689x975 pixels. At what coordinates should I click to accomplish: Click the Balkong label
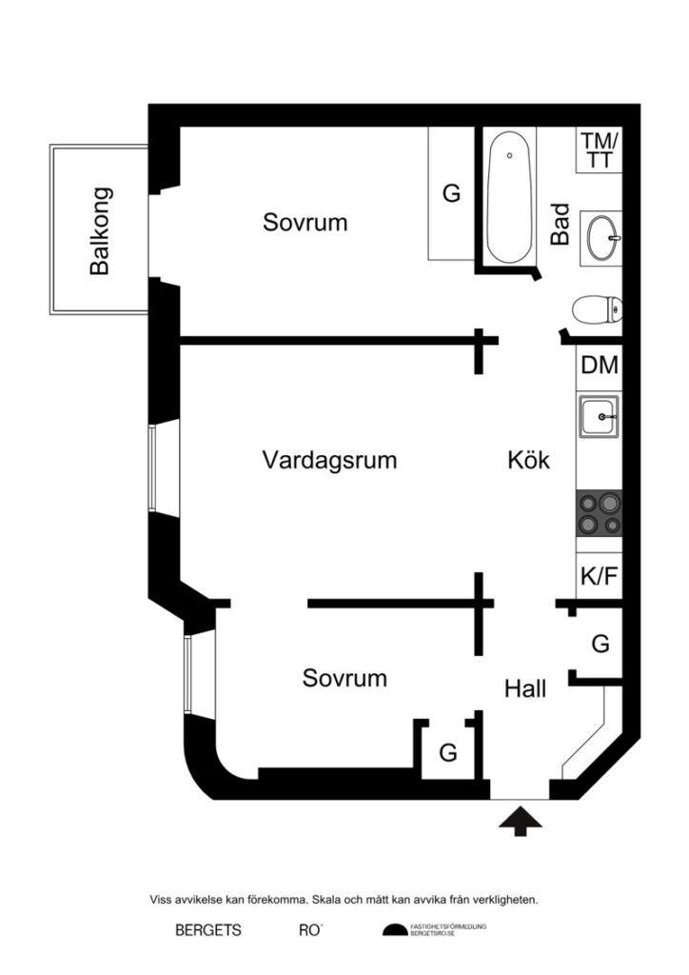click(100, 230)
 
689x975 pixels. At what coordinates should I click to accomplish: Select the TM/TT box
click(600, 150)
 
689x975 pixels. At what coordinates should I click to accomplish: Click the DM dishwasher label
click(600, 365)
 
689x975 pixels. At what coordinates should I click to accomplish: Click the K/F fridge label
click(600, 577)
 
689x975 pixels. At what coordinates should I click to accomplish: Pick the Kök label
click(529, 461)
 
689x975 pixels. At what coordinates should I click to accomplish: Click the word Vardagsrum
click(329, 461)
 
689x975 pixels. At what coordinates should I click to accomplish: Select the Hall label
click(525, 688)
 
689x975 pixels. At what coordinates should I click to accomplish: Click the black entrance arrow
click(521, 821)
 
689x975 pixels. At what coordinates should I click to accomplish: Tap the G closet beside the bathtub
click(451, 193)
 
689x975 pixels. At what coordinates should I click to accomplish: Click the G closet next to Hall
click(600, 645)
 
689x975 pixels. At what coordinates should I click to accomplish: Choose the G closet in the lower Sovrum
click(447, 752)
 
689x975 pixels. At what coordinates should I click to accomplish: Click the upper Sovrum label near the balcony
click(305, 223)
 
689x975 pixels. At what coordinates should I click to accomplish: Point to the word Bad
click(561, 224)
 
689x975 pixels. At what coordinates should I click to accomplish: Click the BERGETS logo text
click(208, 930)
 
